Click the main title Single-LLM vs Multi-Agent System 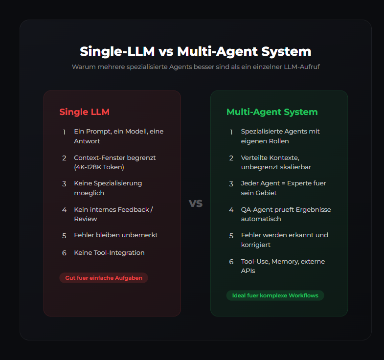(x=195, y=52)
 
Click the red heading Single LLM (x=84, y=112)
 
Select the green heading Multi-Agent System (x=271, y=112)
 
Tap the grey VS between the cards (x=196, y=203)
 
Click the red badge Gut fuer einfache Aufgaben (x=104, y=278)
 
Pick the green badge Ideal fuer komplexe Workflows (x=275, y=295)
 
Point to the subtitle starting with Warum (x=195, y=67)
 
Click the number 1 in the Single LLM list (x=64, y=132)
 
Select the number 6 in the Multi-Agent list (x=231, y=262)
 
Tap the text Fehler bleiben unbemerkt (x=115, y=235)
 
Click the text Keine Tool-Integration (x=109, y=253)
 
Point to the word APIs (x=248, y=270)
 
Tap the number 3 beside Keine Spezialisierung (x=64, y=184)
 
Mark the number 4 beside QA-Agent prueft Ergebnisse (x=231, y=210)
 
